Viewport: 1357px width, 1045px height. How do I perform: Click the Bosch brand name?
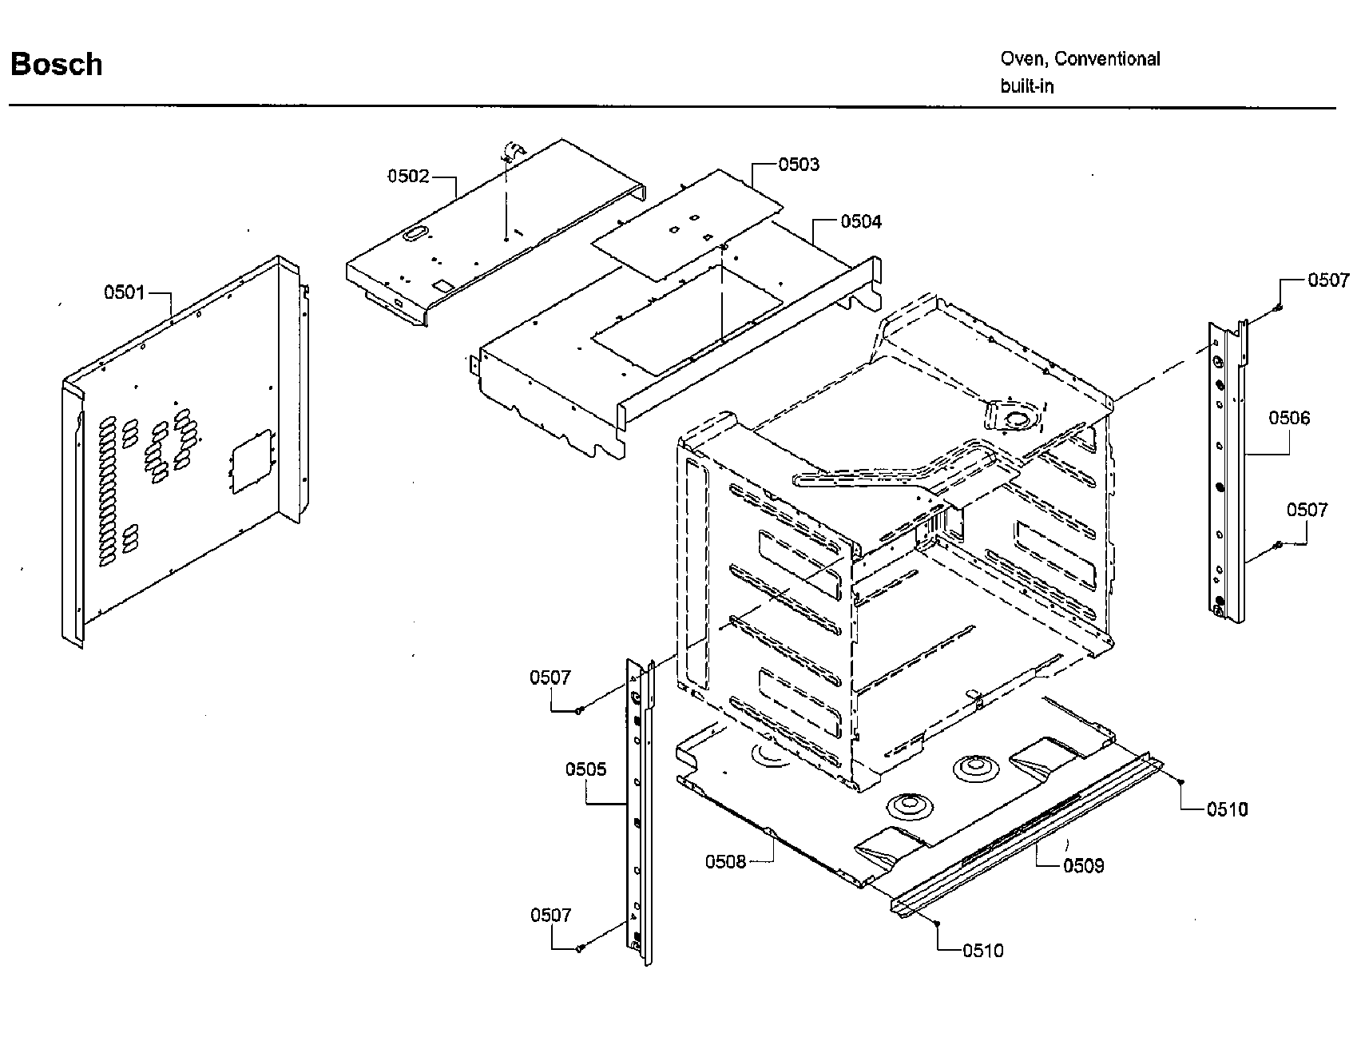[x=56, y=64]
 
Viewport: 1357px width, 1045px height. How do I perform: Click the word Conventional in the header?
[x=1107, y=58]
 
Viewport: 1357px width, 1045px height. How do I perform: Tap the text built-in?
[x=1027, y=85]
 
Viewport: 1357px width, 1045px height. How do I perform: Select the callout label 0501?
[x=125, y=292]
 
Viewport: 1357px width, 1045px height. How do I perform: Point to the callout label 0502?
[x=408, y=176]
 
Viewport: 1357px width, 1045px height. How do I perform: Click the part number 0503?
[x=799, y=164]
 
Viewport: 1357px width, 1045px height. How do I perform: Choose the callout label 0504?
[x=861, y=221]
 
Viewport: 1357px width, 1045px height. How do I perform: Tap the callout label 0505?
[x=586, y=769]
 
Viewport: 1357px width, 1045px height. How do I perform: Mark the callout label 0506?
[x=1289, y=418]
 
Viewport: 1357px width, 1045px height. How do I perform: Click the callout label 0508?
[x=725, y=861]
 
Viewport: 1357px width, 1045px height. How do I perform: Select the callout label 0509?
[x=1083, y=865]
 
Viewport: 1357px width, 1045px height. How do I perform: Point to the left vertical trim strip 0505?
[x=637, y=815]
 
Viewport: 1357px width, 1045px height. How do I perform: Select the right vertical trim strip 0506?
[x=1226, y=479]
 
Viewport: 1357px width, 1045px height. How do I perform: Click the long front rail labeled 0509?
[x=1030, y=831]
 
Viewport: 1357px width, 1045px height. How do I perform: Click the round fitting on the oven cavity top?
[x=1017, y=418]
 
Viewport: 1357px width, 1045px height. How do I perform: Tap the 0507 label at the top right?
[x=1327, y=280]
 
